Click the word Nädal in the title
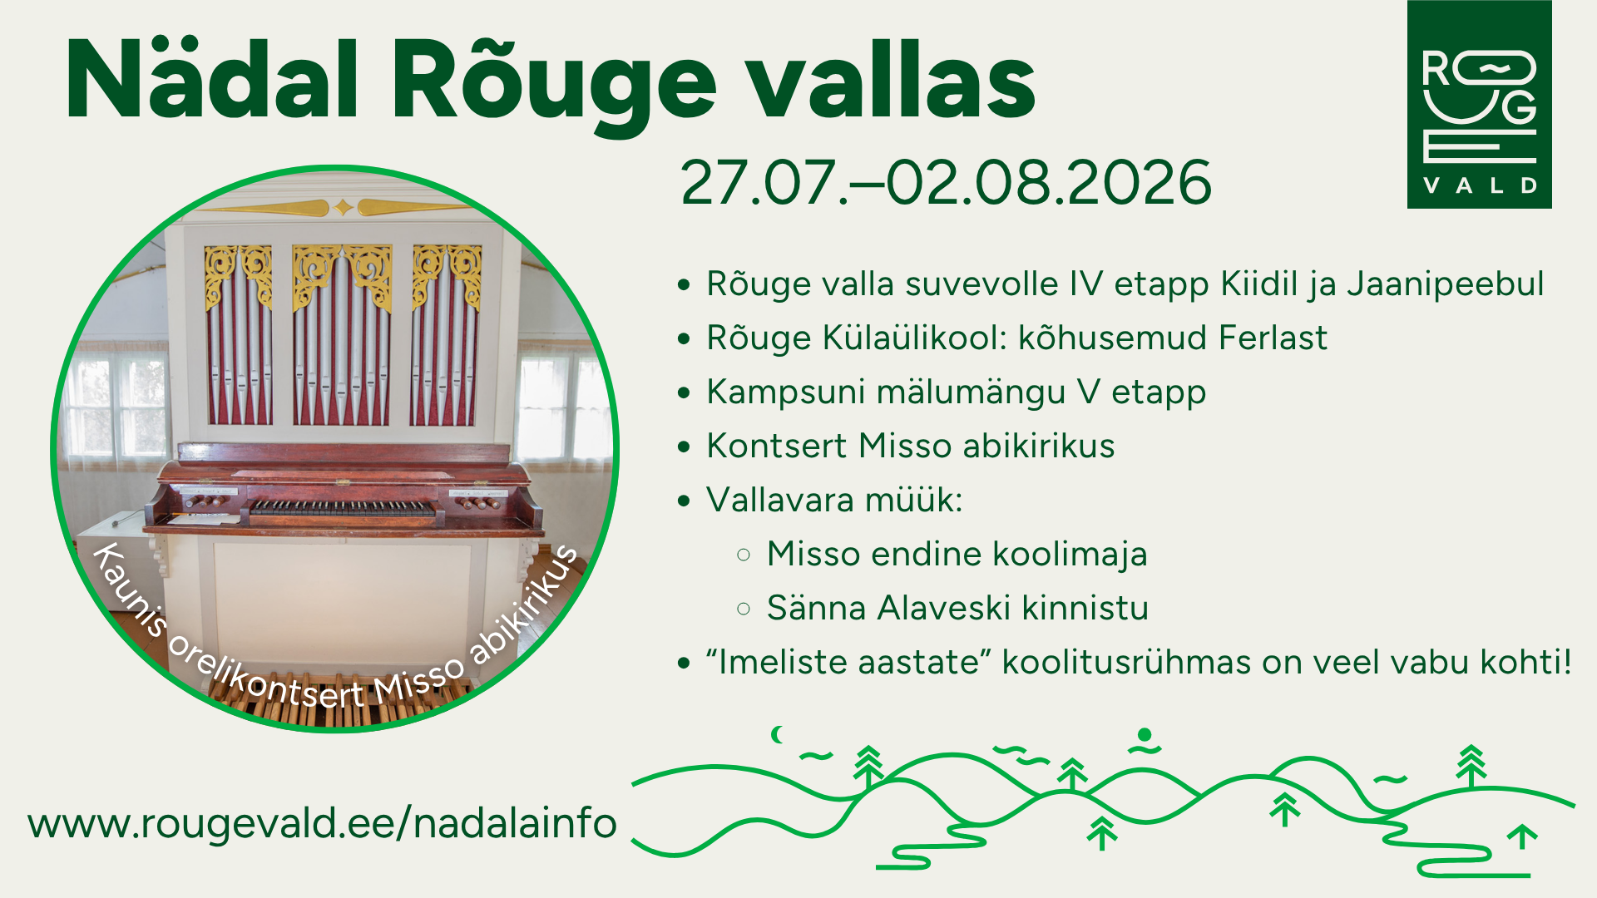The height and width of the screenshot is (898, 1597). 213,81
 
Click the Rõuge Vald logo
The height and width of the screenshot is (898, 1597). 1479,104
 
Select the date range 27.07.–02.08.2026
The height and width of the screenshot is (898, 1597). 946,182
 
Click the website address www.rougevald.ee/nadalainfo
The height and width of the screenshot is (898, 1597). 323,823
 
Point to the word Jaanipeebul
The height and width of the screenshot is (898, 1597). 1446,284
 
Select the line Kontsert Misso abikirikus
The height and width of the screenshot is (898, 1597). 911,446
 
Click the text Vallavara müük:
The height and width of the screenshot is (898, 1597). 834,500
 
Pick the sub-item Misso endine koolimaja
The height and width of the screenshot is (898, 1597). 957,555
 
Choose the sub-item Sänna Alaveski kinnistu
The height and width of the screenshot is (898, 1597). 957,608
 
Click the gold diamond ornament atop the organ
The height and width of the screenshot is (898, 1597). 343,207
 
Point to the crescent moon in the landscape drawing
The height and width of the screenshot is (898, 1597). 777,734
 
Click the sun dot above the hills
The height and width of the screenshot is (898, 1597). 1145,734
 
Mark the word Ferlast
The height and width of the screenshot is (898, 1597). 1273,338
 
